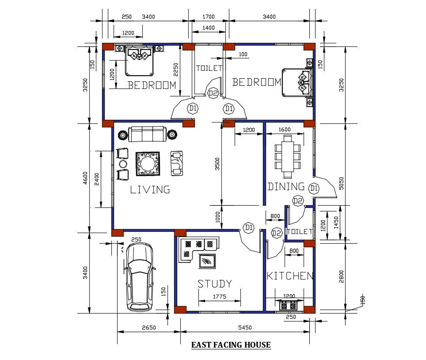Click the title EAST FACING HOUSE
(x=231, y=345)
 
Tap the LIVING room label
(x=150, y=190)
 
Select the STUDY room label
(x=214, y=284)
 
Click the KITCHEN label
(x=290, y=276)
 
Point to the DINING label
(x=286, y=187)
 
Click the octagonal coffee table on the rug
(x=148, y=164)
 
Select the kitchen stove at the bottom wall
(x=289, y=305)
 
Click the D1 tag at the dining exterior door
(x=314, y=188)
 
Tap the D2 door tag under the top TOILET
(x=213, y=93)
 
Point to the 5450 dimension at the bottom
(x=244, y=328)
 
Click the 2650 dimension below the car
(x=148, y=328)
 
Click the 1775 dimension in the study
(x=219, y=297)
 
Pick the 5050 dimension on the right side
(x=341, y=183)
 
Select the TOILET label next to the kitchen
(x=300, y=232)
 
